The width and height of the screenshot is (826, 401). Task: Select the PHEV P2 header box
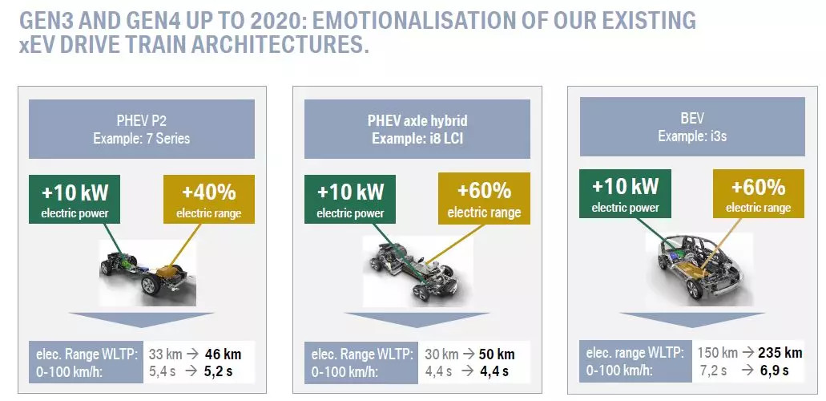tap(142, 129)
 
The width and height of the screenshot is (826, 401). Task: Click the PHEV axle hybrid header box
tap(417, 129)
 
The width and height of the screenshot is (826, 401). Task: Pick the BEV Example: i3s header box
tap(692, 127)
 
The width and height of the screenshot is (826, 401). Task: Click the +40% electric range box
tap(209, 200)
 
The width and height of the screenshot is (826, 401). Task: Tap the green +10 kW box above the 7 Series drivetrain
tap(75, 200)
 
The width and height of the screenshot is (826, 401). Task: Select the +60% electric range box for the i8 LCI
tap(484, 200)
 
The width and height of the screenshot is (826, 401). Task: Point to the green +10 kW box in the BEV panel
tap(625, 193)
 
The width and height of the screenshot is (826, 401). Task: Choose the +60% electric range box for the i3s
tap(759, 193)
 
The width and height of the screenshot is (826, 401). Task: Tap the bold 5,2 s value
tap(218, 371)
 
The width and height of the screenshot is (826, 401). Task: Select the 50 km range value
tap(497, 354)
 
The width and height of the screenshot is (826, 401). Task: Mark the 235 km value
tap(780, 352)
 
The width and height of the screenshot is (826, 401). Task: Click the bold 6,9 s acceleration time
tap(774, 370)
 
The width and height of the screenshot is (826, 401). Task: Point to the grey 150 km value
tap(718, 352)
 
